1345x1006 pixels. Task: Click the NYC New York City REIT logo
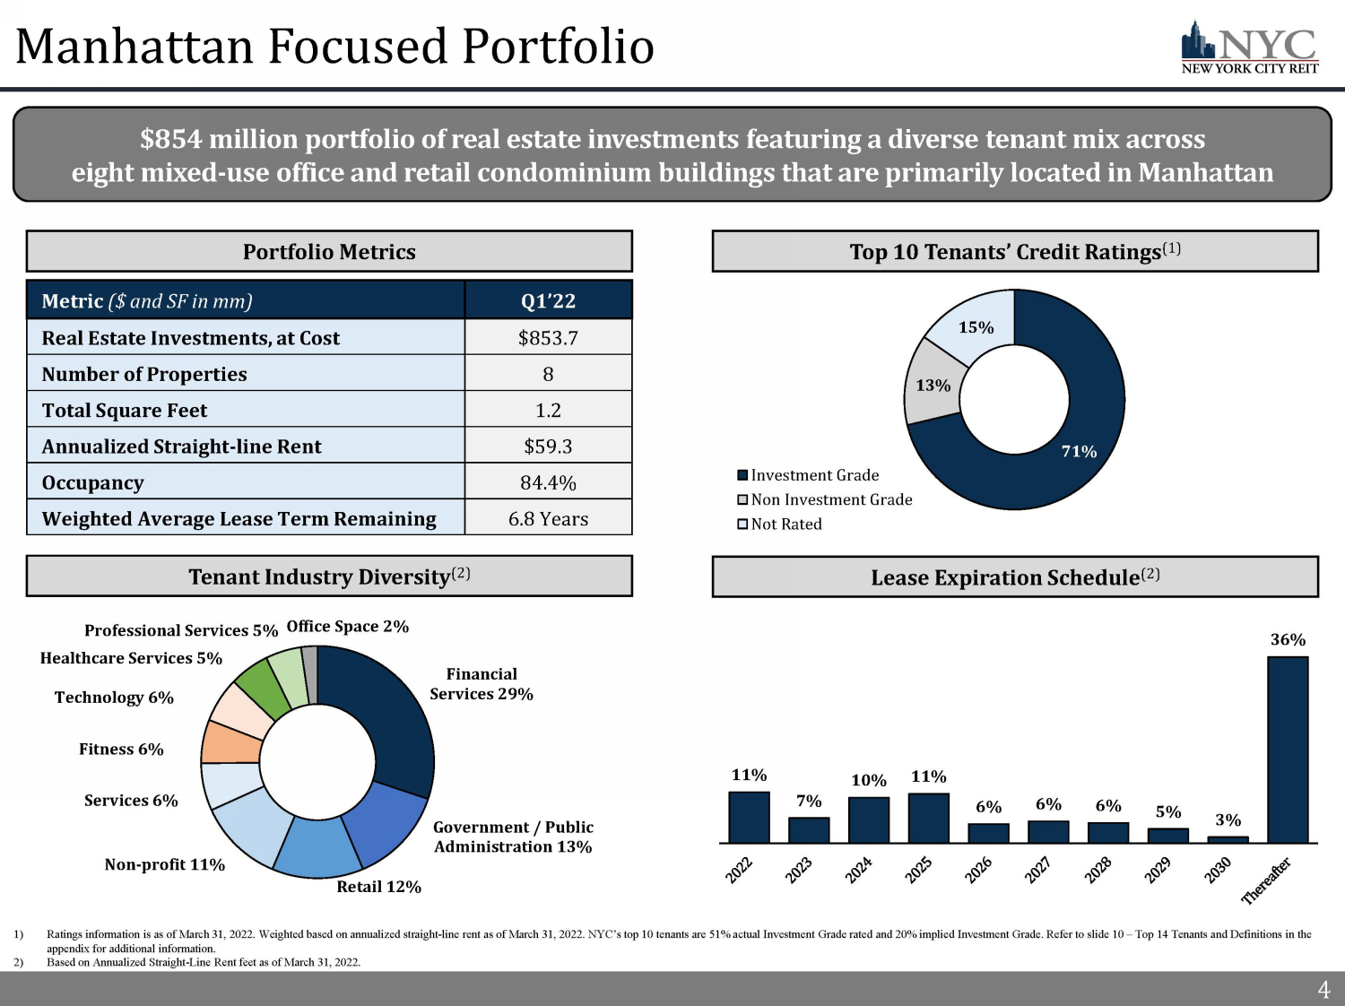point(1249,48)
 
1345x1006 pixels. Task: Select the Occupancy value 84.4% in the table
point(548,482)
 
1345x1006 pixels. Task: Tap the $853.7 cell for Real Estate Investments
point(548,338)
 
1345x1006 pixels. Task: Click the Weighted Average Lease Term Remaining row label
point(239,518)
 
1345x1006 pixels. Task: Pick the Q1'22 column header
point(548,301)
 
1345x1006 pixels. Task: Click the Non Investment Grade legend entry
point(824,499)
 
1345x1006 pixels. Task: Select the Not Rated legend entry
point(779,524)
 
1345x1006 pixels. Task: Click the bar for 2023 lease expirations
point(809,830)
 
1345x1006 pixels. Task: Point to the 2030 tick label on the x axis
point(1218,870)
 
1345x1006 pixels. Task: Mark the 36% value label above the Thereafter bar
point(1288,639)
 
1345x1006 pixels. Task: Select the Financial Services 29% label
point(482,684)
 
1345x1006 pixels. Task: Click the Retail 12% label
point(378,887)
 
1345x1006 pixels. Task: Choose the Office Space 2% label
point(348,626)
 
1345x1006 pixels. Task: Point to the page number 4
point(1323,990)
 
